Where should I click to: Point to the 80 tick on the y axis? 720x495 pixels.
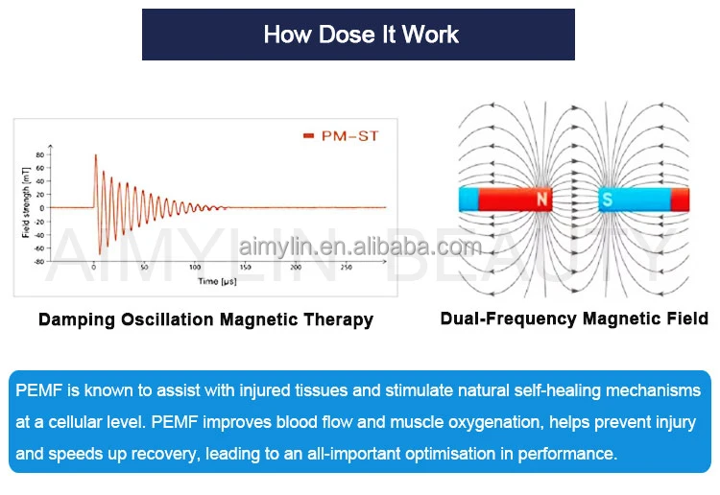click(x=39, y=154)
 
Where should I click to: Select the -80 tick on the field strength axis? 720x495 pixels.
click(x=38, y=260)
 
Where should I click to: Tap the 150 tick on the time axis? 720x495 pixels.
click(x=246, y=268)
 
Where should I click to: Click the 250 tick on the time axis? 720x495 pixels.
click(x=348, y=268)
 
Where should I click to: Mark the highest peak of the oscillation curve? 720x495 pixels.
click(x=95, y=155)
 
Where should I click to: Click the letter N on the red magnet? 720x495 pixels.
click(x=541, y=200)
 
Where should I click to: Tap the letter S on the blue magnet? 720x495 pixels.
click(x=607, y=200)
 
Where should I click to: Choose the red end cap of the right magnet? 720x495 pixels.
click(x=680, y=200)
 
